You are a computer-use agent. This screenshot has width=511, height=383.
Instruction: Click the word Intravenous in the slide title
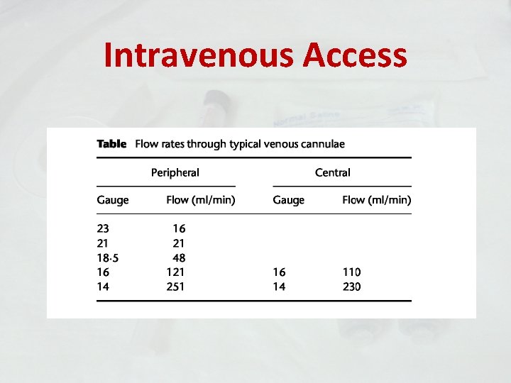point(197,55)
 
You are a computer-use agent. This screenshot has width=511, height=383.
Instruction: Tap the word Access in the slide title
point(355,55)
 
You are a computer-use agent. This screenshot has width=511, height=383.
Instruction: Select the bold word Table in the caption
point(111,144)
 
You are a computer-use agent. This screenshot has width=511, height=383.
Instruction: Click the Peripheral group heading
point(175,172)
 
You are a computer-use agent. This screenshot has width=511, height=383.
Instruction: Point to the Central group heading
point(332,172)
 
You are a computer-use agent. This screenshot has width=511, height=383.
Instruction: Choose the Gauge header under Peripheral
point(113,200)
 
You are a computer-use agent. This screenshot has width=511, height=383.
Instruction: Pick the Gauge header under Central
point(288,200)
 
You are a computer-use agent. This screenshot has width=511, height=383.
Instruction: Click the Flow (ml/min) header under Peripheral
point(201,200)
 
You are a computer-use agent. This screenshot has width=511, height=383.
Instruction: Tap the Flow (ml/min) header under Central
point(376,200)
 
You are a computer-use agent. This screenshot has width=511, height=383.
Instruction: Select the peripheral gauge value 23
point(104,229)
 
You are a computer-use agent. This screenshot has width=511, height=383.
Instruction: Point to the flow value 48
point(178,257)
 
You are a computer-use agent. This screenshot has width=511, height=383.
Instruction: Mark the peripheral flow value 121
point(175,272)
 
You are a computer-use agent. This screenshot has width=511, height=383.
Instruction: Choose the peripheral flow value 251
point(175,287)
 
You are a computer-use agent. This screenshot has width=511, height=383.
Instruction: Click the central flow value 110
point(351,272)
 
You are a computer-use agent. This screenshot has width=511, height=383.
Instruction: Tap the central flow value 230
point(351,287)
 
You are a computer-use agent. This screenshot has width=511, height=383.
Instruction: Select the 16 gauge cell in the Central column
point(279,272)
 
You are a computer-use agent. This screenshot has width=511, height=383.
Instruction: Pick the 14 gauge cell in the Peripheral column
point(104,287)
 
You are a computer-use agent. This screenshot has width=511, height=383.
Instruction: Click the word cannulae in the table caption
point(320,144)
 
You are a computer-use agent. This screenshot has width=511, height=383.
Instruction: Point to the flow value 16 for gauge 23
point(178,229)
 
